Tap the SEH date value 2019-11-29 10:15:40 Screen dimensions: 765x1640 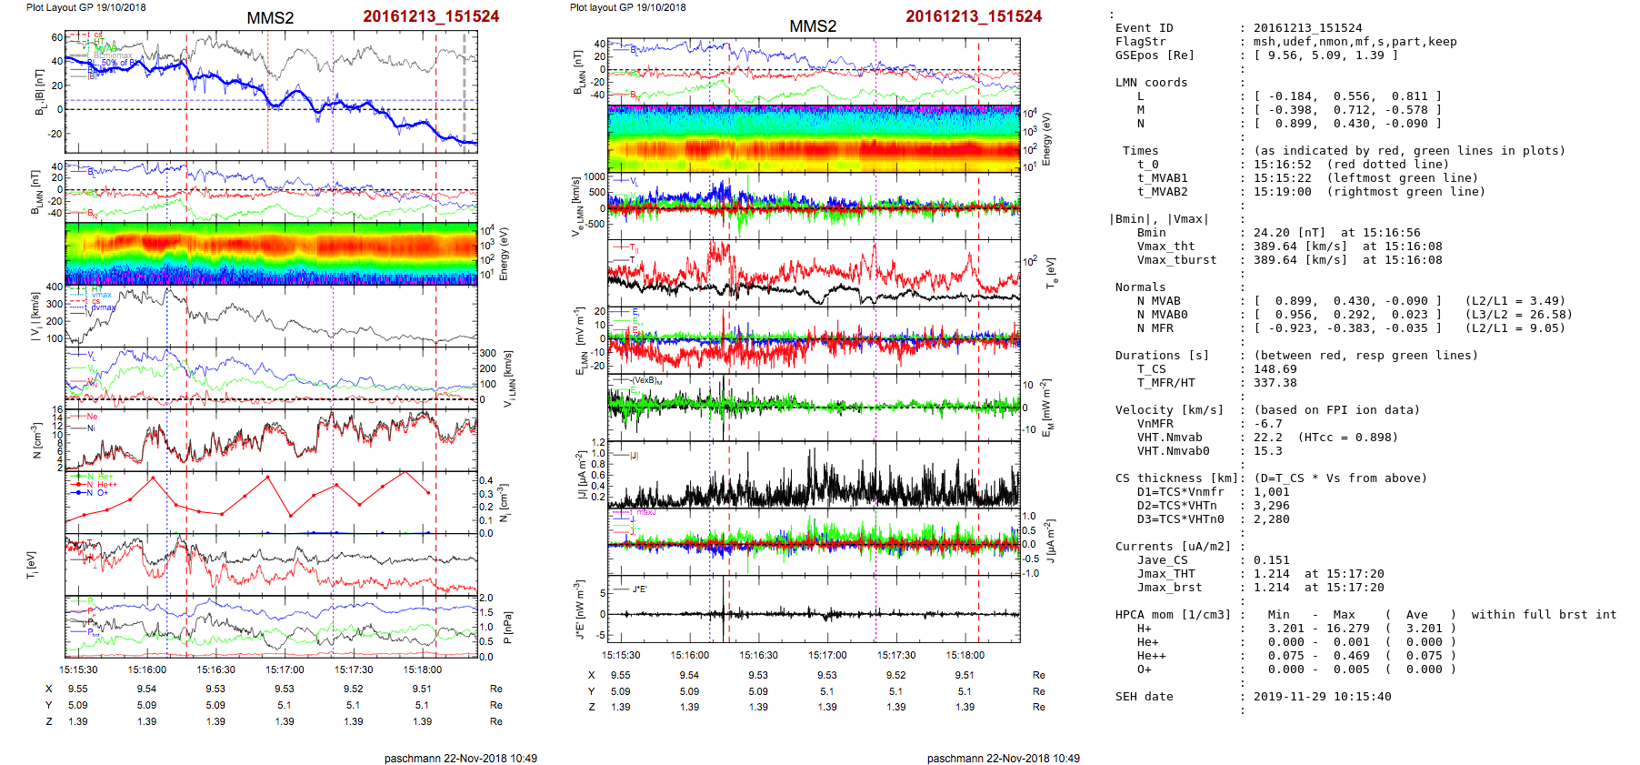[x=1322, y=697]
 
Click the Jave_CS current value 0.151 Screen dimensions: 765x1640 [x=1272, y=560]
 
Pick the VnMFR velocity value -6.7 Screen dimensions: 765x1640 [x=1268, y=424]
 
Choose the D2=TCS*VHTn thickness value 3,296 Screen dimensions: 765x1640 [x=1272, y=506]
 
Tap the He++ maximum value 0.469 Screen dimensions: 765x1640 [x=1344, y=656]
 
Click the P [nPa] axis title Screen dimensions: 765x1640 [x=507, y=627]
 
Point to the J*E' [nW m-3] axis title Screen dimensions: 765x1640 [x=580, y=609]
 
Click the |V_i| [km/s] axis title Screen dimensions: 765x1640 [x=35, y=316]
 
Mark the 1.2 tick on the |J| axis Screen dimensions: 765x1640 [x=597, y=442]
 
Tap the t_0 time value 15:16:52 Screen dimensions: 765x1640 [x=1283, y=165]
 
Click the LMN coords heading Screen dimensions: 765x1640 [x=1151, y=83]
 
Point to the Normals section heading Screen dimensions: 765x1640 [x=1140, y=287]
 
